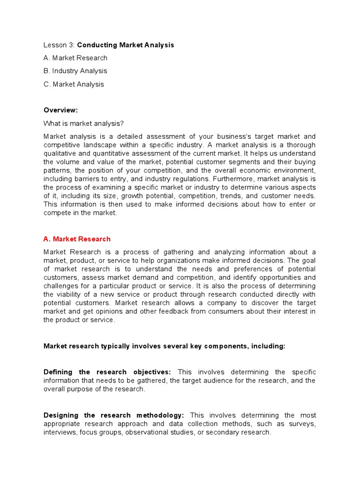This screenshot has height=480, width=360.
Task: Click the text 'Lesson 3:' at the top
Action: tap(59, 45)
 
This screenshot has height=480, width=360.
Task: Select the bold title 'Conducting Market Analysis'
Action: tap(125, 45)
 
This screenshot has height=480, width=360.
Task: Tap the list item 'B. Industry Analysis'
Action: tap(75, 71)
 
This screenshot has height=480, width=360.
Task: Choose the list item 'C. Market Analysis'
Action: tap(74, 84)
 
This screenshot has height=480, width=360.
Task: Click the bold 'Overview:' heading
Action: tap(60, 110)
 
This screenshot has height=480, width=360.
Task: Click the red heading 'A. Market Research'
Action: tap(77, 239)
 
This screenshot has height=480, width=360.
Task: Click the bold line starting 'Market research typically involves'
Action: tap(164, 346)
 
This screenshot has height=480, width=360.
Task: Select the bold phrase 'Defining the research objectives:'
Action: tap(107, 372)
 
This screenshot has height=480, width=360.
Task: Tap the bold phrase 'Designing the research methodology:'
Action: tap(114, 415)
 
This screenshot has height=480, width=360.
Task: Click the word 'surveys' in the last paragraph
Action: tap(303, 424)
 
